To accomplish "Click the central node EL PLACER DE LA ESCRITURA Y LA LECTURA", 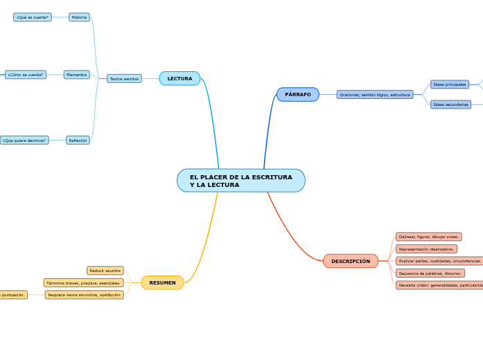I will (240, 181).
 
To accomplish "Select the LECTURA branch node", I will (179, 79).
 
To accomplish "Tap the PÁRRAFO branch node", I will (298, 94).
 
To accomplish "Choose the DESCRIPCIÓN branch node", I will (351, 261).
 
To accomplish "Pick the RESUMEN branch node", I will (163, 282).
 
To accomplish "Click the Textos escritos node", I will (124, 79).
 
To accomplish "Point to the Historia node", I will (79, 17).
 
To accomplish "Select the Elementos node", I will (77, 75).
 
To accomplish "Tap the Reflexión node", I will (78, 140).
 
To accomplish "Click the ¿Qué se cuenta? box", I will (33, 17).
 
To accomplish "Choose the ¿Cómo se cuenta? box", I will (26, 75).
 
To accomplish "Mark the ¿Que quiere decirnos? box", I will (24, 140).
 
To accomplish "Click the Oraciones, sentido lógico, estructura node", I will (375, 94).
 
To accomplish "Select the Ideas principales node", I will (450, 84).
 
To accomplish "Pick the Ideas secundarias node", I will (450, 105).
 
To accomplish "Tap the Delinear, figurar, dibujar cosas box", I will (428, 237).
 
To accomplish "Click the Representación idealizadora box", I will (426, 249).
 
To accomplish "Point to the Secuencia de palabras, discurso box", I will (430, 273).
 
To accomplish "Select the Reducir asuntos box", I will (105, 271).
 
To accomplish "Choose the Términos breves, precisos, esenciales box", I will (83, 282).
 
